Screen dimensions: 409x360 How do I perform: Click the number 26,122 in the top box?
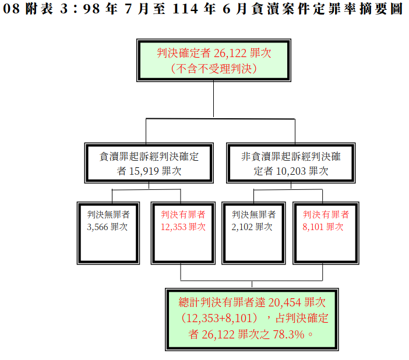230,54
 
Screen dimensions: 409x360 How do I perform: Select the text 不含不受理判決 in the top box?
214,69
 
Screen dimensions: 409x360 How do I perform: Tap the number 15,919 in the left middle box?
144,171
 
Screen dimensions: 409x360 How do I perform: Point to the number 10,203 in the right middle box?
291,171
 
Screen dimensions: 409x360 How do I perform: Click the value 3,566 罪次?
107,227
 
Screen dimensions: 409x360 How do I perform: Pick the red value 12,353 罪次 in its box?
183,227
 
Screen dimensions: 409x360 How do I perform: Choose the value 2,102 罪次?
252,227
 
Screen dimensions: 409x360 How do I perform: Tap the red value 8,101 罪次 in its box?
323,227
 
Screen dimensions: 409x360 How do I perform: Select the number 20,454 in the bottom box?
284,302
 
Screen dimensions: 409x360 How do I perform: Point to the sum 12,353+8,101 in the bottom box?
219,318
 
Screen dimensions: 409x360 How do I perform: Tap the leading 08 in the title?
11,9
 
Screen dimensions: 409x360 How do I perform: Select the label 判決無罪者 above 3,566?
108,215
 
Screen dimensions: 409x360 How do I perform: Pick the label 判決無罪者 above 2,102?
254,215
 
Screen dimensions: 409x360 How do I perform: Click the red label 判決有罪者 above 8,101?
326,215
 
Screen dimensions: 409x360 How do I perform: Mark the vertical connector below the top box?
213,100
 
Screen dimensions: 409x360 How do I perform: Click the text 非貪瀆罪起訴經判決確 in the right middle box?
291,157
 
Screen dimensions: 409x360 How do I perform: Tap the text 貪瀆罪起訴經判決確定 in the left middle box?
149,157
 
